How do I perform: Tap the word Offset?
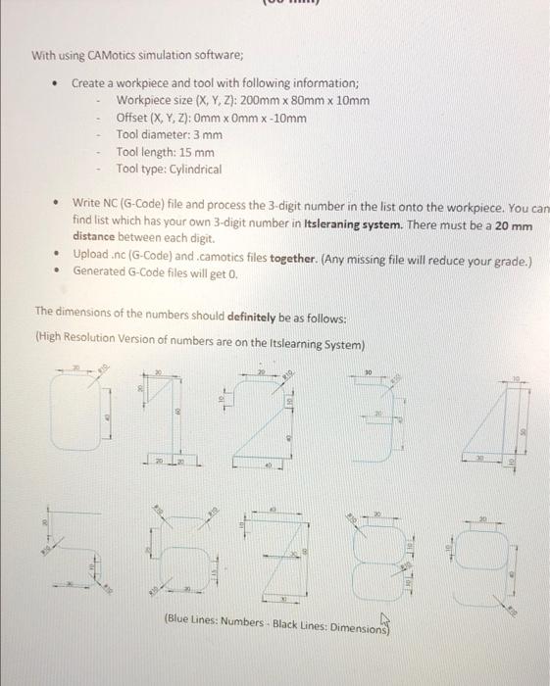(x=135, y=119)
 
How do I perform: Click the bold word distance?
(x=99, y=236)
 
